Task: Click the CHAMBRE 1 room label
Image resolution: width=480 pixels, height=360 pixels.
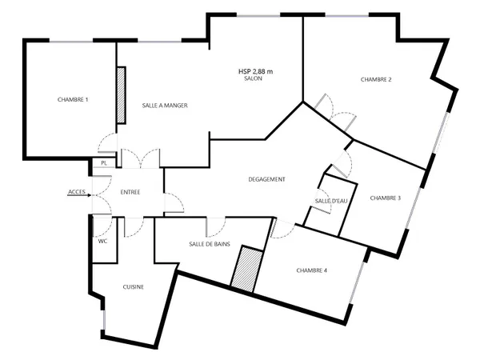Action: pyautogui.click(x=73, y=99)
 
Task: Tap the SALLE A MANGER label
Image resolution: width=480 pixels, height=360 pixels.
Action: pyautogui.click(x=165, y=106)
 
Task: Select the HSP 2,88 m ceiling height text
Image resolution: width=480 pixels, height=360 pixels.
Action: pyautogui.click(x=256, y=71)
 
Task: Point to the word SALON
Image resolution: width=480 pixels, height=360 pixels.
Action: pyautogui.click(x=253, y=78)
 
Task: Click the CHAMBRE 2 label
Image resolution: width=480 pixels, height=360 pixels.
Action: pyautogui.click(x=376, y=79)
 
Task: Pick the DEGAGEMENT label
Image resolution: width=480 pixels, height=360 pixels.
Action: pyautogui.click(x=266, y=179)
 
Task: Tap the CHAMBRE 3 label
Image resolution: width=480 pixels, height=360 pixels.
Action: pyautogui.click(x=386, y=198)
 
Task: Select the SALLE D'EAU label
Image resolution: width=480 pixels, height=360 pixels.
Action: pyautogui.click(x=331, y=201)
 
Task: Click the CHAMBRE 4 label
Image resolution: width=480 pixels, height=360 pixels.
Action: pyautogui.click(x=312, y=270)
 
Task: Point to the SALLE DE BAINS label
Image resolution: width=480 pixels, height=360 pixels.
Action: pyautogui.click(x=210, y=244)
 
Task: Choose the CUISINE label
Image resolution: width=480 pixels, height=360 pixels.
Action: pyautogui.click(x=133, y=287)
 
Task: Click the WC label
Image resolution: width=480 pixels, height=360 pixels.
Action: pyautogui.click(x=103, y=242)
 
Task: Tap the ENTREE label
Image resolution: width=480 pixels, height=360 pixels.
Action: pyautogui.click(x=130, y=192)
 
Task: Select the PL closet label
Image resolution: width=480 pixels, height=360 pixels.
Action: pyautogui.click(x=104, y=163)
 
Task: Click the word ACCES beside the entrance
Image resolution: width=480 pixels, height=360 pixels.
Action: pyautogui.click(x=77, y=192)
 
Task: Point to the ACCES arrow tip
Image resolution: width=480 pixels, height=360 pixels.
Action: pyautogui.click(x=90, y=195)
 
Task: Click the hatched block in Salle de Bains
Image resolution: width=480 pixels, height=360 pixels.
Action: pyautogui.click(x=247, y=269)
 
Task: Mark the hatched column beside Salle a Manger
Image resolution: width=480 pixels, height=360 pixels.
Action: pyautogui.click(x=122, y=95)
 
